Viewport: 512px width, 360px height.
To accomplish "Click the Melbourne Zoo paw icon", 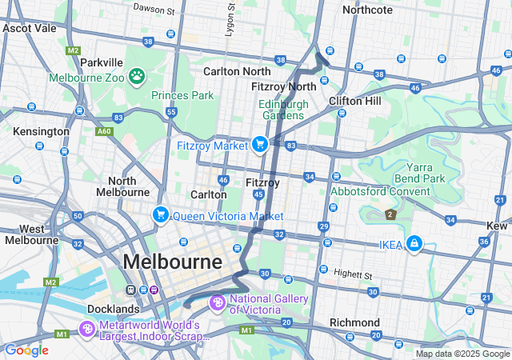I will (x=138, y=76).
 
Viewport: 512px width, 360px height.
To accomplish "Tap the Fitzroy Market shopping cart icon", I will (x=259, y=144).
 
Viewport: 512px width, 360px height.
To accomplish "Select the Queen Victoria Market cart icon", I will (x=161, y=214).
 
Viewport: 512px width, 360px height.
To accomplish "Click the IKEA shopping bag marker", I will (x=414, y=243).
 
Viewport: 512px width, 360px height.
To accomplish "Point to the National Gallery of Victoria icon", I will (x=217, y=303).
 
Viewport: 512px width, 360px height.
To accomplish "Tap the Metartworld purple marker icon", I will (x=87, y=329).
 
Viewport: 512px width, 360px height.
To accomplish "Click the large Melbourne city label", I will (x=172, y=262).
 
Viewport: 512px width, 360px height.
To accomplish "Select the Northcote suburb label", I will (x=367, y=10).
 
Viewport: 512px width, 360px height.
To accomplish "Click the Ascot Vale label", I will (x=29, y=27).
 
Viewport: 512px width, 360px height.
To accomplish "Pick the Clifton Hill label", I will (x=355, y=101).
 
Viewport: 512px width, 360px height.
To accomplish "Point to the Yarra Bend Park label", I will (x=426, y=173).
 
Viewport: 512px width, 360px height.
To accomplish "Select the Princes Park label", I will (x=182, y=95).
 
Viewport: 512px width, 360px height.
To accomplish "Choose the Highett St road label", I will (x=353, y=275).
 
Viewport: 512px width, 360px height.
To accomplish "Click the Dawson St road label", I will (x=154, y=10).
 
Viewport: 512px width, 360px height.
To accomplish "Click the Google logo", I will (x=26, y=350).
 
